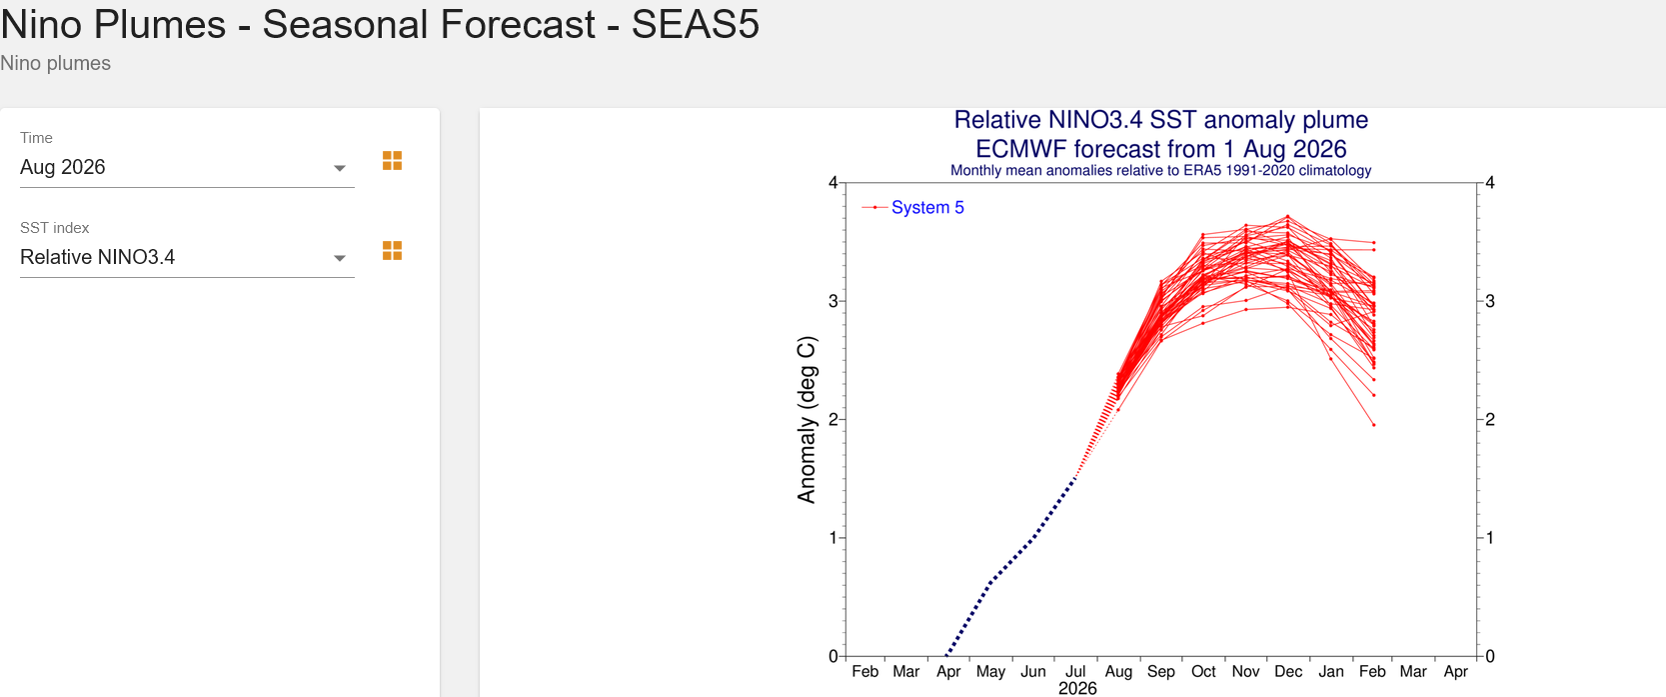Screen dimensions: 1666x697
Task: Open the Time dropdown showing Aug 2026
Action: tap(187, 167)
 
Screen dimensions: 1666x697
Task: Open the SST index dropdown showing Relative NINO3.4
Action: tap(187, 257)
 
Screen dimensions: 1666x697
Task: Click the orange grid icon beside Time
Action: tap(392, 161)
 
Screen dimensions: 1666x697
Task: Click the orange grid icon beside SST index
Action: tap(392, 251)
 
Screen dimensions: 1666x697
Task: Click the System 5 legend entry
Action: tap(912, 208)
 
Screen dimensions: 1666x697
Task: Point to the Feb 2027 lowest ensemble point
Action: tap(1374, 425)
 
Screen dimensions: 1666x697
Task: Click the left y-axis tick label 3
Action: tap(833, 301)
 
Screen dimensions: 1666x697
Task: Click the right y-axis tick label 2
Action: tap(1490, 420)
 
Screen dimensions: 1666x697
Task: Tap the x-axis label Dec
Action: tap(1288, 672)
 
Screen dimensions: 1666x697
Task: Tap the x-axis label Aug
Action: tap(1118, 672)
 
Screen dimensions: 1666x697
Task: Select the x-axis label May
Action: tap(990, 672)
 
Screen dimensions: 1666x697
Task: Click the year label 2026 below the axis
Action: tap(1077, 689)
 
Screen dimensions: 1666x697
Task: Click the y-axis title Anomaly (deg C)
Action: tap(807, 420)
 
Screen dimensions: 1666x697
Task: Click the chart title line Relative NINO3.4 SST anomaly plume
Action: tap(1161, 120)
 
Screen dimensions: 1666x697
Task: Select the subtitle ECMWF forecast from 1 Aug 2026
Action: tap(1161, 149)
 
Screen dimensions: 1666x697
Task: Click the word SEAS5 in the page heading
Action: tap(696, 24)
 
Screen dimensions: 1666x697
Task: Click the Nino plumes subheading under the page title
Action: tap(56, 63)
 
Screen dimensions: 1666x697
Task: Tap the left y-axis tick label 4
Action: tap(833, 183)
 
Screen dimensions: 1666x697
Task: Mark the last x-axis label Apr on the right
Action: tap(1455, 672)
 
